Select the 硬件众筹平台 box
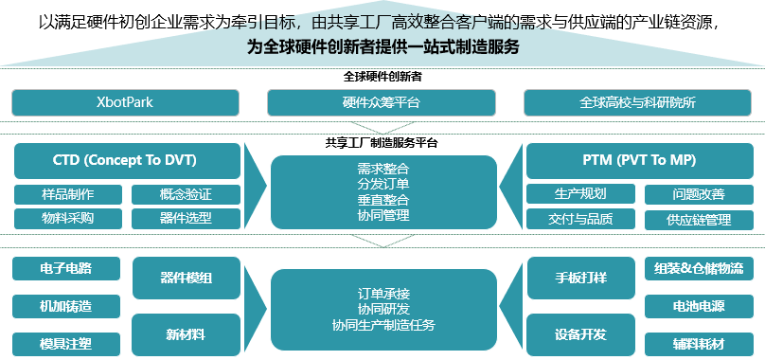tap(382, 102)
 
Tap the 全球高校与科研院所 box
tap(637, 102)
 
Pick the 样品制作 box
tap(68, 195)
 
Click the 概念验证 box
tap(186, 195)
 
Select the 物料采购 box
tap(68, 219)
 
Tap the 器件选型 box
tap(186, 219)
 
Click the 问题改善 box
tap(698, 195)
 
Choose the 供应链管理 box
tap(698, 220)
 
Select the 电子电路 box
tap(66, 268)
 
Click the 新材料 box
tap(186, 334)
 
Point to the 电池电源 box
tap(699, 307)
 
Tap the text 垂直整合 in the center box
tap(383, 199)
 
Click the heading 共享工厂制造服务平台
tap(382, 143)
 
